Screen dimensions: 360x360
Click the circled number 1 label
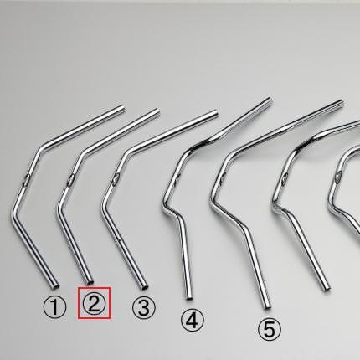pyautogui.click(x=54, y=307)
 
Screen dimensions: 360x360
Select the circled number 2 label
pyautogui.click(x=94, y=303)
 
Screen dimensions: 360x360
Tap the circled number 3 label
pyautogui.click(x=143, y=307)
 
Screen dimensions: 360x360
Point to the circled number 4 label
pyautogui.click(x=193, y=321)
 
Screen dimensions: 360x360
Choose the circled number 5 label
pyautogui.click(x=270, y=330)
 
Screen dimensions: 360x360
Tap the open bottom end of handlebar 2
pyautogui.click(x=90, y=282)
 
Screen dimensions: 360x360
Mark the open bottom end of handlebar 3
pyautogui.click(x=145, y=286)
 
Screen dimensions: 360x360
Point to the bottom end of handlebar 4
pyautogui.click(x=189, y=298)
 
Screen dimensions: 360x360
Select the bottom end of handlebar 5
pyautogui.click(x=267, y=306)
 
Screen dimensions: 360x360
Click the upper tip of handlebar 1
pyautogui.click(x=122, y=108)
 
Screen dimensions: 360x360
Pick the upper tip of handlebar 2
pyautogui.click(x=157, y=111)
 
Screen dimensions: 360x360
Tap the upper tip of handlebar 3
pyautogui.click(x=215, y=112)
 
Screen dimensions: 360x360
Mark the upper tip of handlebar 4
pyautogui.click(x=270, y=100)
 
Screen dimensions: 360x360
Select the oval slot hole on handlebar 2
pyautogui.click(x=70, y=179)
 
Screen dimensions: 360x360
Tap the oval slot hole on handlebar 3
pyautogui.click(x=115, y=179)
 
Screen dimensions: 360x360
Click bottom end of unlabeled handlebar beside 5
pyautogui.click(x=327, y=288)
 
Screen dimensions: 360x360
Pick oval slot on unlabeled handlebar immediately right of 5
pyautogui.click(x=285, y=178)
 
